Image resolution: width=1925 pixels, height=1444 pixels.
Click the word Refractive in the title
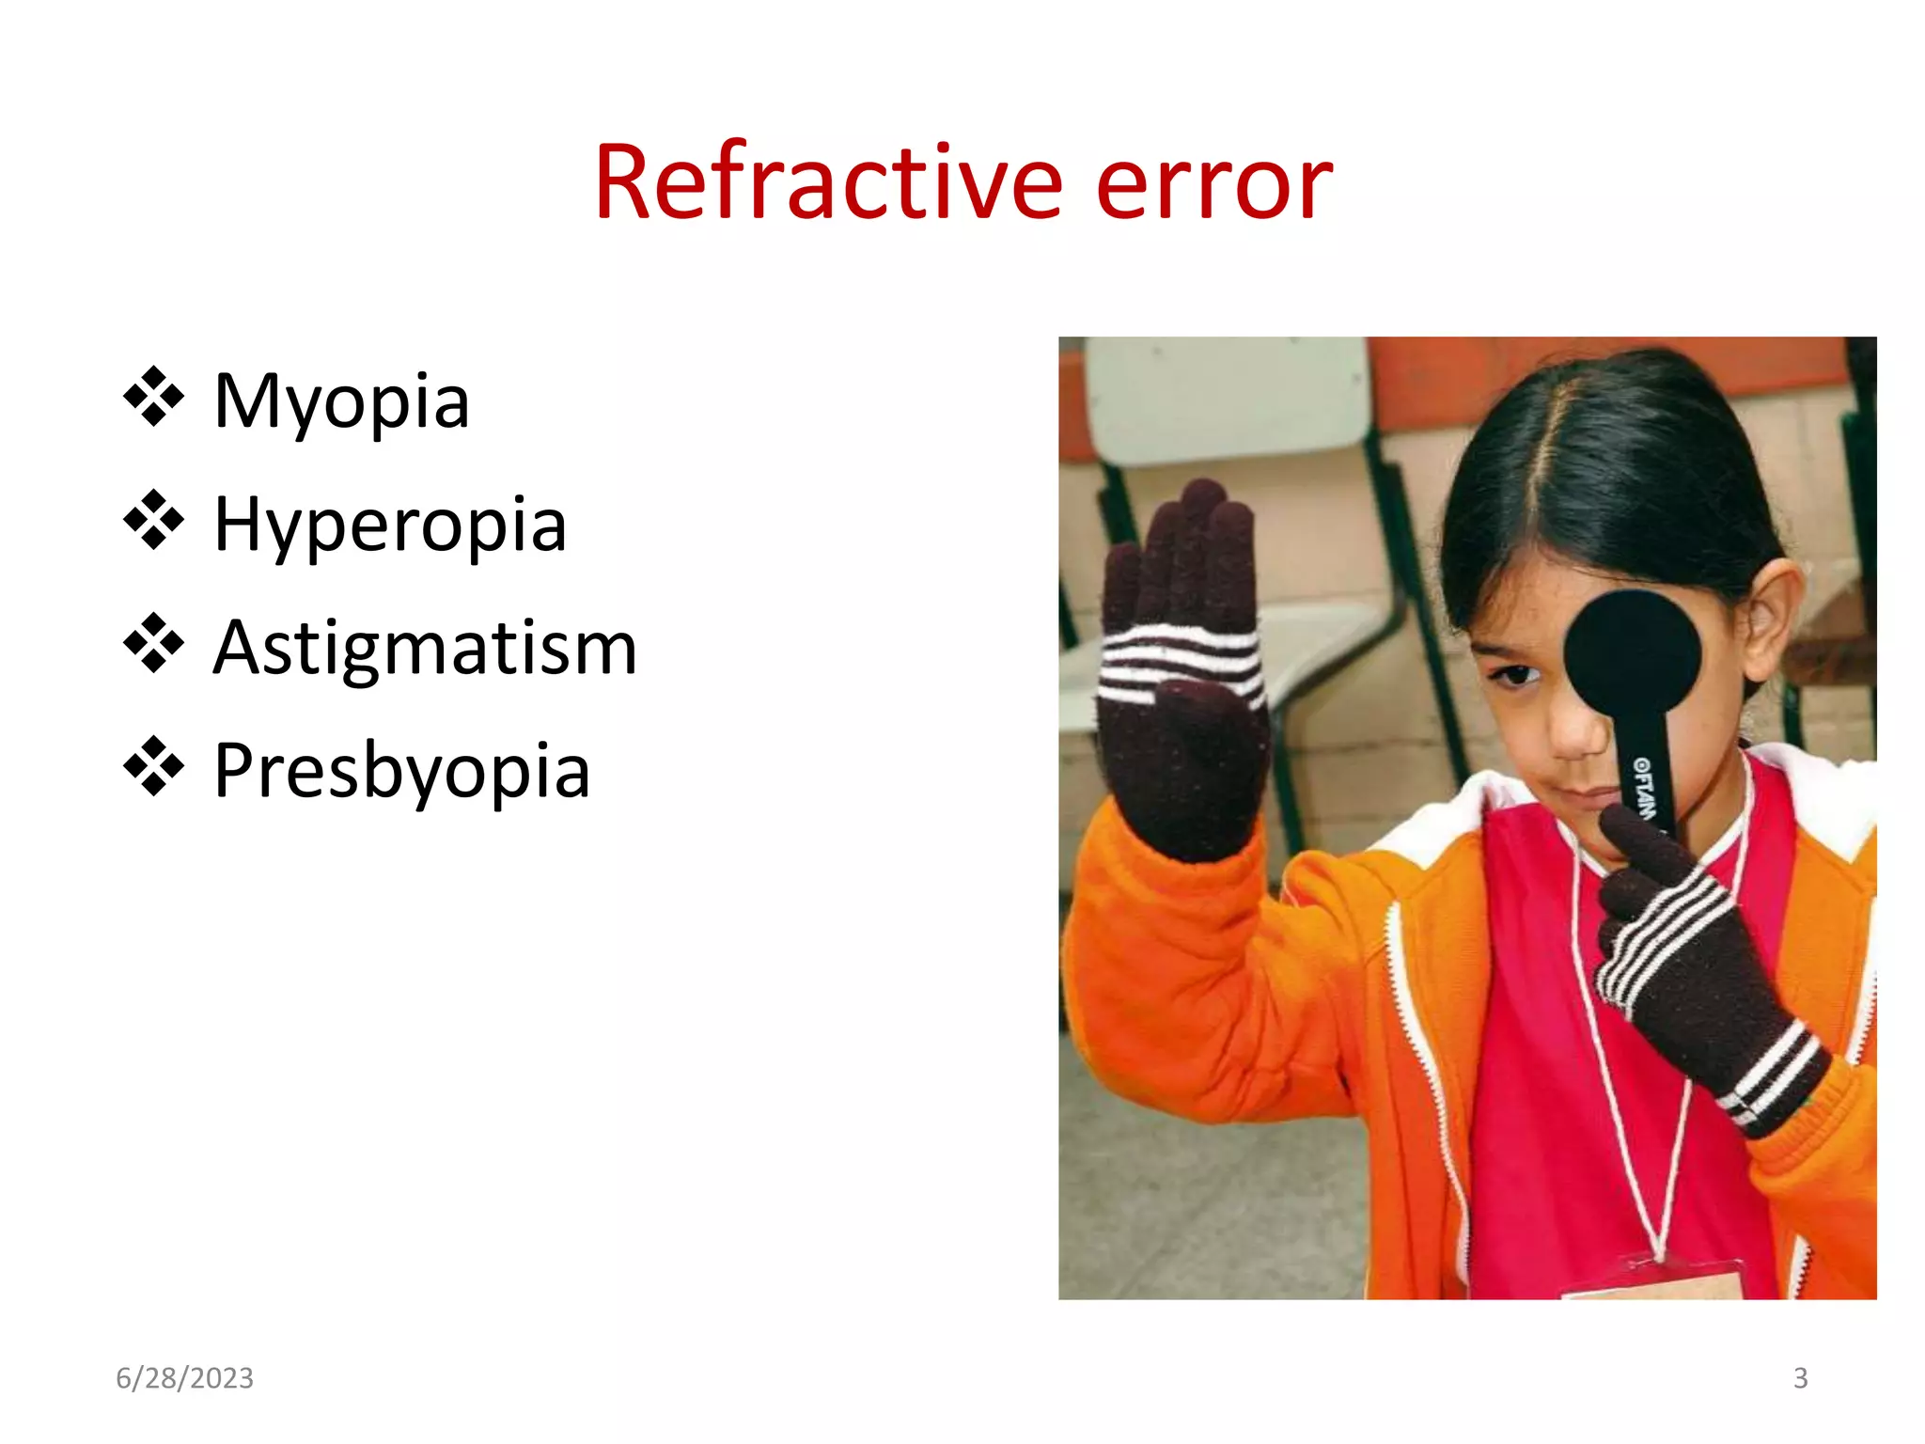[827, 182]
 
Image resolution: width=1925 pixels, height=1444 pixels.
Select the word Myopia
[341, 401]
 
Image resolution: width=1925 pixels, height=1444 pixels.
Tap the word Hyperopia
[390, 525]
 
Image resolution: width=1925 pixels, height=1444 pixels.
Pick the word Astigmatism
[425, 648]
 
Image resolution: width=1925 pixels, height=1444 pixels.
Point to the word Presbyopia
[401, 771]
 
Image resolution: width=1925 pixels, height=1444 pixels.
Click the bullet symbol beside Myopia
[153, 398]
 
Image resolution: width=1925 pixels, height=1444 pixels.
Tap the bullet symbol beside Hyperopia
[153, 520]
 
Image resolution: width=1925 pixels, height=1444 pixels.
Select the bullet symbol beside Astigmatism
[153, 644]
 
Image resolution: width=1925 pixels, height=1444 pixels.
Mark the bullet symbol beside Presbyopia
[153, 767]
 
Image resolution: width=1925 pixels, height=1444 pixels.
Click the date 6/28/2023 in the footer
[184, 1378]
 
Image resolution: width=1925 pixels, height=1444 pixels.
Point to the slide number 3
[1800, 1378]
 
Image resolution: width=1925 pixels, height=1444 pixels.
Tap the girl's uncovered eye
[1514, 675]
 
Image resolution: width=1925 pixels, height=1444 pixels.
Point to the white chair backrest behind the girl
[1227, 400]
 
